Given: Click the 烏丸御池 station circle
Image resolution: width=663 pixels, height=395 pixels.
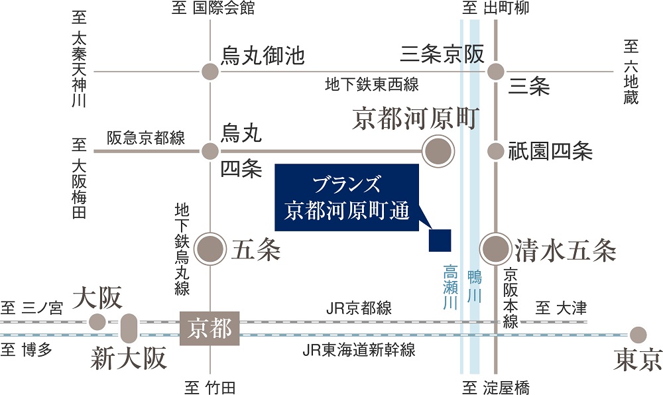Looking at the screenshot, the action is coord(210,72).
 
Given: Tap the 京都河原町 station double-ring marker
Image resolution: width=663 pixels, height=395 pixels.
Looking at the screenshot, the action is coord(438,151).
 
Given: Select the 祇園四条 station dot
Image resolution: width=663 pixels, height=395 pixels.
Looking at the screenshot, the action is coord(495,151).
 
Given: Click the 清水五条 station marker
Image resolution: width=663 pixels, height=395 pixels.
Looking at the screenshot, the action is coord(495,249).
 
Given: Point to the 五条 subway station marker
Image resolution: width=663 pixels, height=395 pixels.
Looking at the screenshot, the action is coord(210,249).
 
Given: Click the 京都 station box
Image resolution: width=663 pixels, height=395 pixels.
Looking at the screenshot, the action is coord(210,328).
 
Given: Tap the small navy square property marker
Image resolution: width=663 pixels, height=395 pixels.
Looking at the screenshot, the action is coord(440,241).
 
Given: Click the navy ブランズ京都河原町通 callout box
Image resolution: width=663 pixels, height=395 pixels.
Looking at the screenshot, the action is coord(347,197).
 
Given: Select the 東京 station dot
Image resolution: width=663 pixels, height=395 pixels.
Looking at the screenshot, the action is coord(638,335).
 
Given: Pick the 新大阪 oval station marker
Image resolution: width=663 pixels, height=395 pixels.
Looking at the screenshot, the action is coord(129,328).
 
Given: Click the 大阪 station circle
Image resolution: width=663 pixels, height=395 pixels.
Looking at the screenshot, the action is coord(97,322).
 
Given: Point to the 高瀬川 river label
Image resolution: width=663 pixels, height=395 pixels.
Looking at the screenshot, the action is coord(450,287).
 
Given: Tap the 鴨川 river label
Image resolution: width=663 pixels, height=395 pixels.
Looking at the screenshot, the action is coord(475,287).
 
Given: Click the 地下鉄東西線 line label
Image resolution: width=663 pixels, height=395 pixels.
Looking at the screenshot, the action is coord(372,84).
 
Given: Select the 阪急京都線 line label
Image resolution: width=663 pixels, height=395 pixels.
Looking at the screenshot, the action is coord(146,138).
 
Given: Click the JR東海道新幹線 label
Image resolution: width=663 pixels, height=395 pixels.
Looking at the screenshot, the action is coord(359,350).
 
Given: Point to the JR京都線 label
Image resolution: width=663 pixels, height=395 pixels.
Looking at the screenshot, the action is coord(359,308).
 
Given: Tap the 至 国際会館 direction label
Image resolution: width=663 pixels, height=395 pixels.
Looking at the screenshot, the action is coord(213,8).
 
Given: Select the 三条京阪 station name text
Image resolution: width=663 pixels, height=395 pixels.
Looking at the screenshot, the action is coord(442,54).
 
